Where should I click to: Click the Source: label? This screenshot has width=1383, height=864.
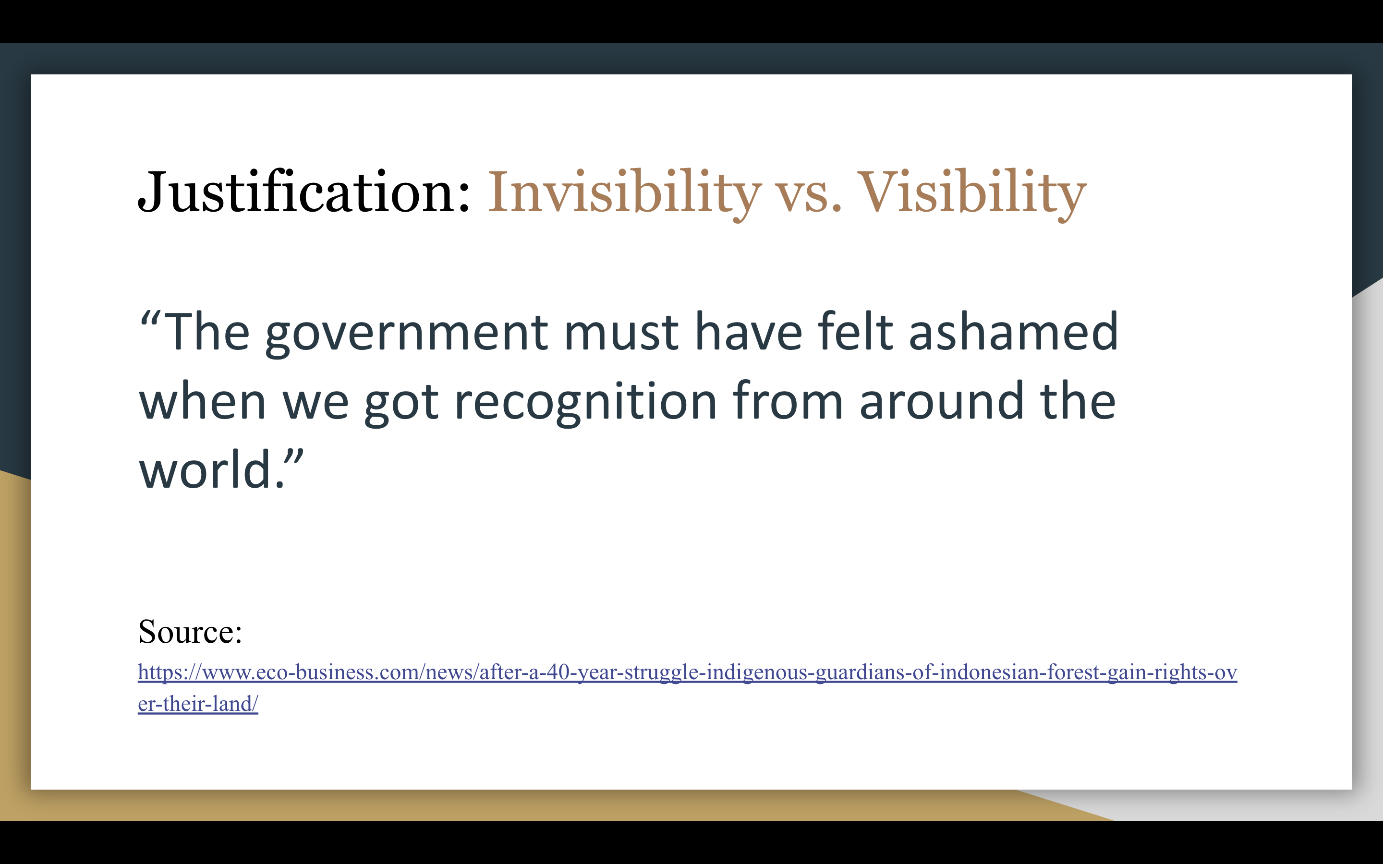tap(190, 632)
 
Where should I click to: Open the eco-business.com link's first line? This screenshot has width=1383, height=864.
tap(688, 672)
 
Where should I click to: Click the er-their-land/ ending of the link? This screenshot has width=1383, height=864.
tap(198, 704)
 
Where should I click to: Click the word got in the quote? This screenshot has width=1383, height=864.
tap(401, 404)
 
